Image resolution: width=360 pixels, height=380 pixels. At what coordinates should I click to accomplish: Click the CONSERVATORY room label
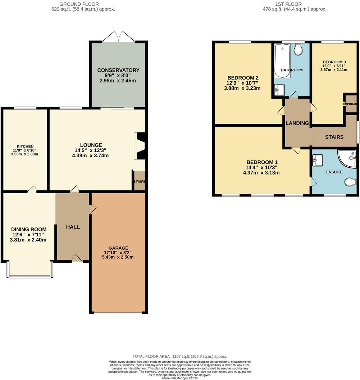[x=118, y=70]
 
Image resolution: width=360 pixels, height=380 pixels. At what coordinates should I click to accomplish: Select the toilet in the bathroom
[x=298, y=50]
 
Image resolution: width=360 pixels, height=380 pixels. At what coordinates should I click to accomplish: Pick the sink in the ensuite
[x=318, y=160]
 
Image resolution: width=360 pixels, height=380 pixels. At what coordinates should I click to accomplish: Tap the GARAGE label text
[x=118, y=248]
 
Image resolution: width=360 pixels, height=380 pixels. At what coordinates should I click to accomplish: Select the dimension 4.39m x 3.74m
[x=90, y=156]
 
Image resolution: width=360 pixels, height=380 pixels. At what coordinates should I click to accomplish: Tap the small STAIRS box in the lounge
[x=140, y=181]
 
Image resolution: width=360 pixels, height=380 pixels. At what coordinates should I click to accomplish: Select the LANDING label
[x=297, y=123]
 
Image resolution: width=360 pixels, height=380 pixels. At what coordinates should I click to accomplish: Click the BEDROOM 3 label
[x=334, y=61]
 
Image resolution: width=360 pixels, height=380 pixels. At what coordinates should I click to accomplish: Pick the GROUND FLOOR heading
[x=83, y=4]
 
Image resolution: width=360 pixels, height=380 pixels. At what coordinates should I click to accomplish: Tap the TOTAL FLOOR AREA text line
[x=180, y=356]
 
